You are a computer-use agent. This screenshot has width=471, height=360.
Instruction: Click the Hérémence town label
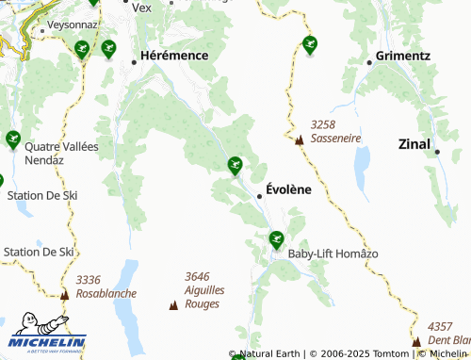[x=173, y=56]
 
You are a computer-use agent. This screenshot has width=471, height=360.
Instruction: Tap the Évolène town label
[x=288, y=188]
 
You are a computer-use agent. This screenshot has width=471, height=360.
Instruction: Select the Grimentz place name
[x=402, y=56]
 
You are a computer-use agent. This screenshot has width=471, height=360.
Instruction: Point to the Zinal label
[x=414, y=144]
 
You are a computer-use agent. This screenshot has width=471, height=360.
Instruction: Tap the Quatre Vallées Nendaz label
[x=62, y=154]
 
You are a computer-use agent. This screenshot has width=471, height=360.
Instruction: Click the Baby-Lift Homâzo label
[x=333, y=254]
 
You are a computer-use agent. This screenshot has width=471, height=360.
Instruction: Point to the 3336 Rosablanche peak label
[x=106, y=286]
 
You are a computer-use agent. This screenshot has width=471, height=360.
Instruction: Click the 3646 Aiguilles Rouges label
[x=203, y=290]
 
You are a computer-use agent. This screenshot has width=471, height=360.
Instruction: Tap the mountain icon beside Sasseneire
[x=300, y=140]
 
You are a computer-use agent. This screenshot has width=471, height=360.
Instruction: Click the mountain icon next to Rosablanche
[x=65, y=294]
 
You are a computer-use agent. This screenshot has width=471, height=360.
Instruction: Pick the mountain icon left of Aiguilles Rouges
[x=172, y=304]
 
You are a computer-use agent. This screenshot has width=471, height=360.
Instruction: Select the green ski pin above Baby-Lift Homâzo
[x=276, y=239]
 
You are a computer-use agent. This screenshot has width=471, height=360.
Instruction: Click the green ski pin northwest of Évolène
[x=235, y=166]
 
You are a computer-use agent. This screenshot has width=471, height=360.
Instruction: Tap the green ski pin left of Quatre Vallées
[x=12, y=139]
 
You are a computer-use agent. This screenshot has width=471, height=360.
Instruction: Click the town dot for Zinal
[x=437, y=151]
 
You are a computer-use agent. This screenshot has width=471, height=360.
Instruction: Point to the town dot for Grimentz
[x=370, y=62]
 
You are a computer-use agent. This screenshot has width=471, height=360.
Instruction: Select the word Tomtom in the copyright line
[x=390, y=353]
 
